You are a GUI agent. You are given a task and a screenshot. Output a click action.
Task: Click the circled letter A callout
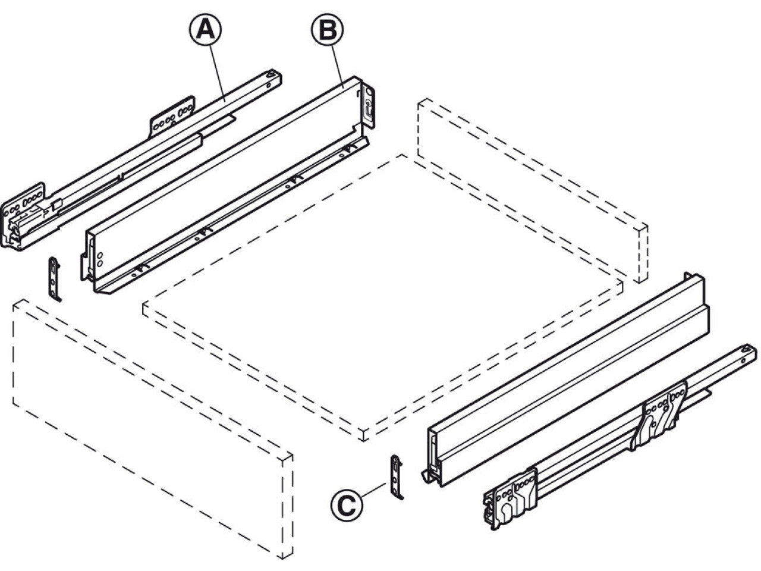click(x=206, y=30)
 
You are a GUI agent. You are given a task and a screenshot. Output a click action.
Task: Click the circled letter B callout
click(x=328, y=30)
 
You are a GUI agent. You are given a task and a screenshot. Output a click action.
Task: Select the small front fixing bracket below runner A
click(x=55, y=280)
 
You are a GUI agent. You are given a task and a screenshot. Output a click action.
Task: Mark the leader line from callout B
click(x=338, y=67)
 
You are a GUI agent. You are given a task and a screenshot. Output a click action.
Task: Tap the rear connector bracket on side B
click(x=368, y=106)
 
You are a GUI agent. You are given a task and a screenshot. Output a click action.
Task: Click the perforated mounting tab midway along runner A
click(x=172, y=117)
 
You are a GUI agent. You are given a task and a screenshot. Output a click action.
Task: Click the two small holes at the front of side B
click(x=100, y=259)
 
